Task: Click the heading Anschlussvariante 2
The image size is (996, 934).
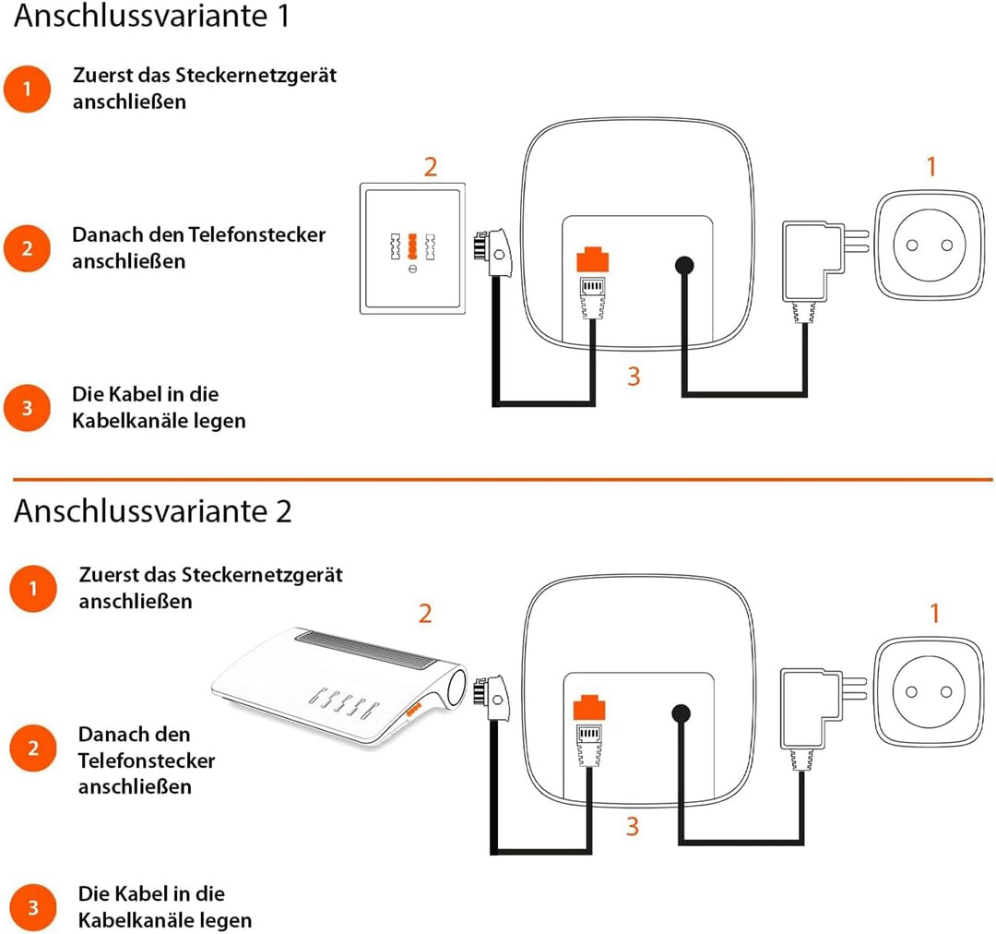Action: pos(152,510)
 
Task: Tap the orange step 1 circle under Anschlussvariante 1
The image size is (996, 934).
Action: pos(27,90)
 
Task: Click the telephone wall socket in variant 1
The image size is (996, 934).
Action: pos(412,250)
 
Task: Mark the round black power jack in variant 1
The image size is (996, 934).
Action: pos(683,265)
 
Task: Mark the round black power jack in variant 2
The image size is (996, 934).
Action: pos(682,713)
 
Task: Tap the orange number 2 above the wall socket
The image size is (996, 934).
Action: pos(430,167)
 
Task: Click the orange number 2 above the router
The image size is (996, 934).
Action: pos(425,614)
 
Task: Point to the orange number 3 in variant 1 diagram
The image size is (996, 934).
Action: pos(633,377)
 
